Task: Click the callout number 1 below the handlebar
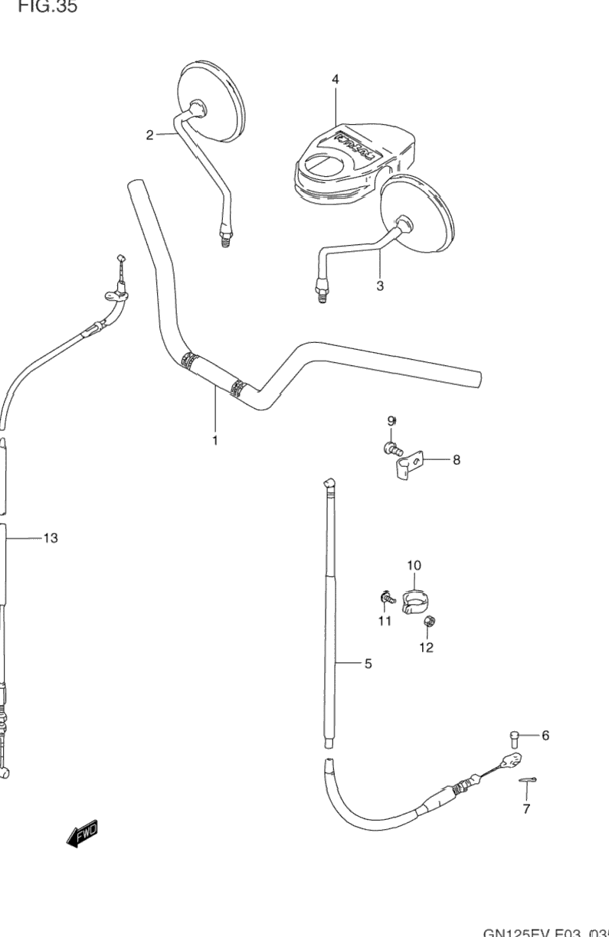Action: click(x=215, y=441)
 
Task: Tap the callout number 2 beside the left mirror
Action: click(x=150, y=135)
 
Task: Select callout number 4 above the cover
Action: click(x=336, y=79)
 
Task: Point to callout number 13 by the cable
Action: click(x=50, y=538)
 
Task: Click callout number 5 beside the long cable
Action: click(x=368, y=664)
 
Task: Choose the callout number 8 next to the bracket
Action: click(x=456, y=460)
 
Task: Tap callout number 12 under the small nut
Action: click(x=426, y=648)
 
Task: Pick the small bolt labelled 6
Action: click(x=514, y=738)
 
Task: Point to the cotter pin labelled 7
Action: click(x=526, y=780)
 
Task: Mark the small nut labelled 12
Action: click(x=429, y=621)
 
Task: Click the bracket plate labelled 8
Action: click(x=408, y=465)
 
